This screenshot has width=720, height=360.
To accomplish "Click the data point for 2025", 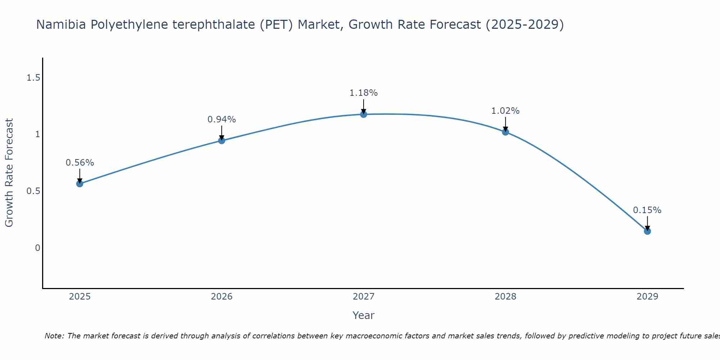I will (80, 184).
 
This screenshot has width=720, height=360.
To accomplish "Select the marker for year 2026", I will (222, 140).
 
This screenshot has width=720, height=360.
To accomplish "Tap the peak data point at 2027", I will (364, 114).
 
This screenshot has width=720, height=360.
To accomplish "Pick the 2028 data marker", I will (505, 132).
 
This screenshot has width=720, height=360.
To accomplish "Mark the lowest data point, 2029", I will (647, 231).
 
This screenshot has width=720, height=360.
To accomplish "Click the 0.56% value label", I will (80, 163).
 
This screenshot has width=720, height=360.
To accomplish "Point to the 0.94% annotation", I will (222, 120).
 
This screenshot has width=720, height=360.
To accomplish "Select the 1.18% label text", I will (364, 93).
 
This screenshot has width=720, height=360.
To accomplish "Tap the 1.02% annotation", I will (505, 111).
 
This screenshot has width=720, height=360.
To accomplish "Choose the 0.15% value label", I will (647, 210).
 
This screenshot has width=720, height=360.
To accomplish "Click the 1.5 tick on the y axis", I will (33, 77).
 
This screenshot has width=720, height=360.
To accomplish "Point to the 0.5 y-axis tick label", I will (33, 191).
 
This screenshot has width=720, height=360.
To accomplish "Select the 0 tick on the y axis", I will (37, 248).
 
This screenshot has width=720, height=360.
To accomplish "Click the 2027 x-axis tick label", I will (364, 297).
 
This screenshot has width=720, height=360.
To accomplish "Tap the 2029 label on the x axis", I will (647, 297).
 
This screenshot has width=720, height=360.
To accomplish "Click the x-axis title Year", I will (364, 315).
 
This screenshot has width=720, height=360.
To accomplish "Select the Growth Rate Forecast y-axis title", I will (9, 173).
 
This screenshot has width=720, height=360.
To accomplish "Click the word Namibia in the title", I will (62, 24).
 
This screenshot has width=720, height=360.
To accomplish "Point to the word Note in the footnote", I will (54, 336).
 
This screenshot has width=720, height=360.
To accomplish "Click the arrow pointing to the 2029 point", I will (647, 223).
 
